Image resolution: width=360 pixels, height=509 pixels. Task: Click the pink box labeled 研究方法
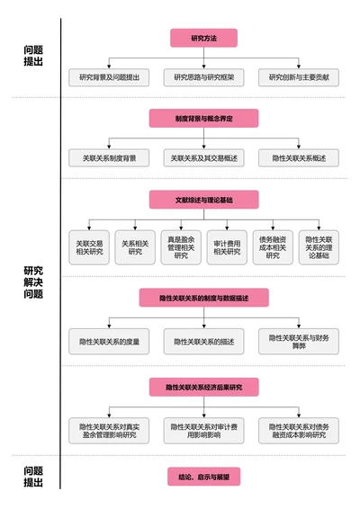(203, 38)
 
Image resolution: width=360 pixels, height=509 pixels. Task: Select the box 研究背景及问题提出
(109, 78)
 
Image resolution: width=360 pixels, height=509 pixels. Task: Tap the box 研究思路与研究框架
(203, 78)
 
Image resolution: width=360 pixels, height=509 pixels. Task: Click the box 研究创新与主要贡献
(299, 78)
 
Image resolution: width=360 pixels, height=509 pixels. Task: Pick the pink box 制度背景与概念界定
(203, 118)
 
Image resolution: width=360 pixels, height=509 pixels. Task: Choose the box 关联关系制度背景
(109, 158)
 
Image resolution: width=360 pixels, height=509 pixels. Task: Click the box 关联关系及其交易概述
(203, 158)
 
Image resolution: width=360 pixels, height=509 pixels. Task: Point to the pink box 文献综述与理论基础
(203, 199)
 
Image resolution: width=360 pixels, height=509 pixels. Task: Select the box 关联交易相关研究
(89, 247)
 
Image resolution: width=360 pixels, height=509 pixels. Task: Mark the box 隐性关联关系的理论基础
(319, 247)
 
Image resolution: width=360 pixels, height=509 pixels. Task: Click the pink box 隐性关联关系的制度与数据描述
(203, 298)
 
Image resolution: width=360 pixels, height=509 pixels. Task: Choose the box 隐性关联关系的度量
(109, 341)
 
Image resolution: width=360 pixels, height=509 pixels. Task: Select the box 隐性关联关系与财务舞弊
(299, 341)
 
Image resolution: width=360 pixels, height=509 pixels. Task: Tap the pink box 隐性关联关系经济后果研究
(203, 387)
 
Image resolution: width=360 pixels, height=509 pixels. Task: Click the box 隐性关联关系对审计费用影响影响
(203, 430)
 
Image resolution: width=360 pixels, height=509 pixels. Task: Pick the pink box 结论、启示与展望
(203, 477)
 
